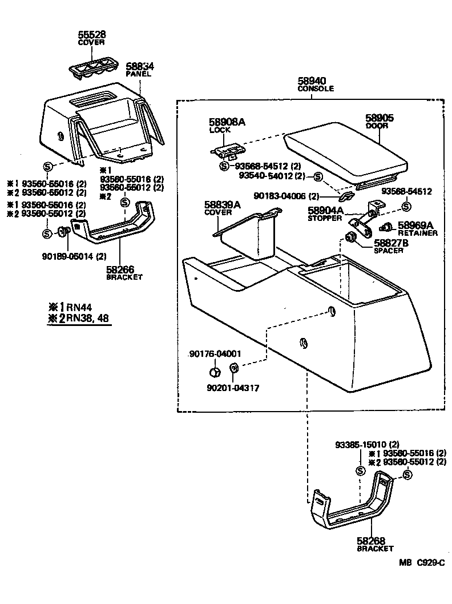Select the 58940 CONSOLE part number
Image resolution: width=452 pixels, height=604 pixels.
tap(312, 82)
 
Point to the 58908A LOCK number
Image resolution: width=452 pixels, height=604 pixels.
tap(227, 122)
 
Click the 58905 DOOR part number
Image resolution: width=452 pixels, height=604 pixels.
tap(380, 118)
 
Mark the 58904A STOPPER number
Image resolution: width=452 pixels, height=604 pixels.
tap(326, 211)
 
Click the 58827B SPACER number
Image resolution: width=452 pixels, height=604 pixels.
tap(393, 243)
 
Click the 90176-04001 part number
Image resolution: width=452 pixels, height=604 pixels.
tap(215, 354)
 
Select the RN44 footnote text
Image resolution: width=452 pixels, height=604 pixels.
tap(73, 307)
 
